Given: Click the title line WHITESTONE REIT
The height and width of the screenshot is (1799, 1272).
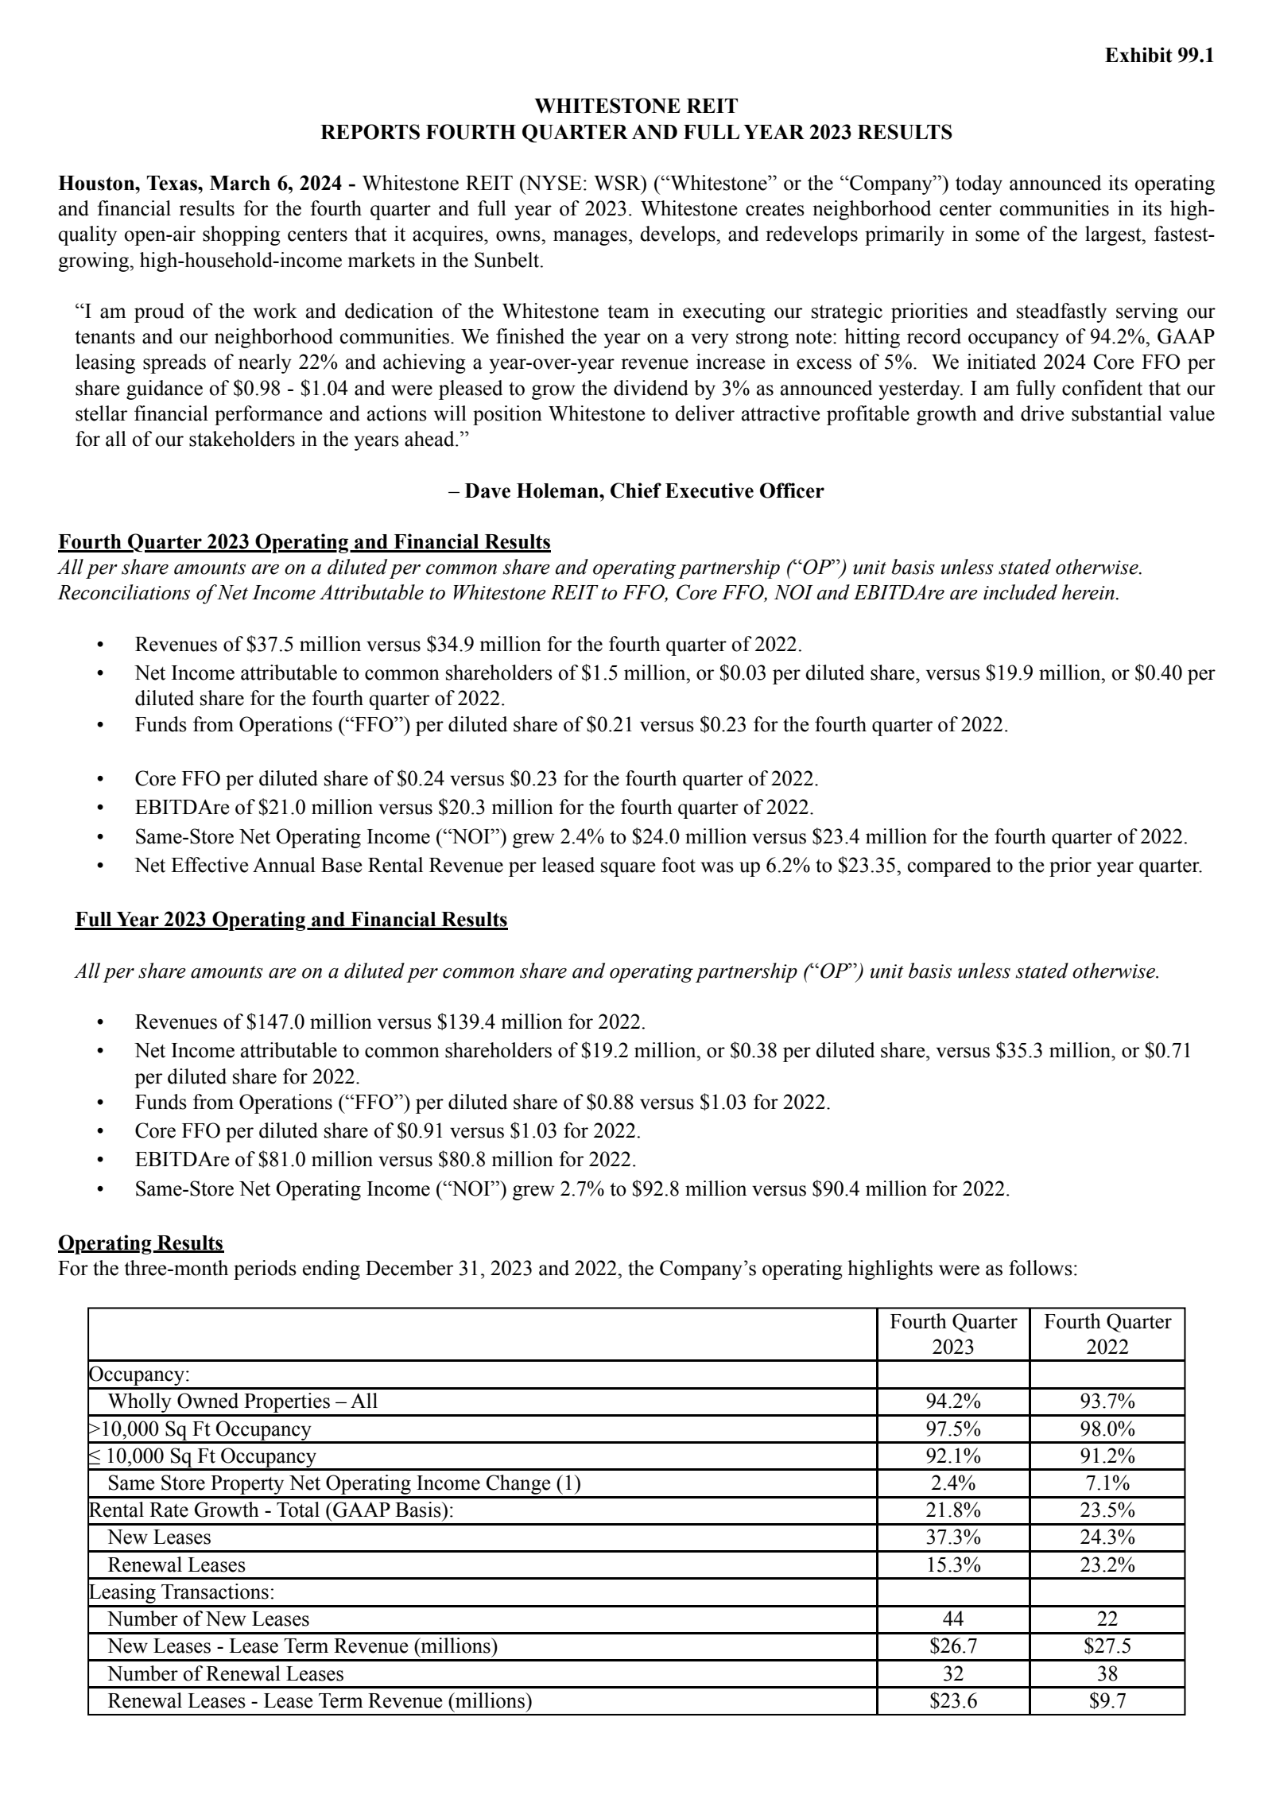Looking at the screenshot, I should pos(635,107).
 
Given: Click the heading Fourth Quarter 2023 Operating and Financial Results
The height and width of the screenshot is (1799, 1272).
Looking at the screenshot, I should pos(304,542).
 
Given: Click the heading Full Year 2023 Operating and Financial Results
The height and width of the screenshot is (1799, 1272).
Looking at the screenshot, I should pos(291,920).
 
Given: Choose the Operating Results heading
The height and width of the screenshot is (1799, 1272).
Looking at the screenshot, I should pos(141,1243).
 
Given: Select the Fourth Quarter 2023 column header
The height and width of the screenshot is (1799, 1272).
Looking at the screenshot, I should pos(952,1334).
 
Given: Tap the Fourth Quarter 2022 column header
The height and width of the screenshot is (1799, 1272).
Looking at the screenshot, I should pos(1107,1334).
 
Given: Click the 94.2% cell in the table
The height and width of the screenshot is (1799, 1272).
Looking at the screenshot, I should pos(952,1401).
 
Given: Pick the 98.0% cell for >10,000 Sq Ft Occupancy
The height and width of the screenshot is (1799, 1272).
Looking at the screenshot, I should pos(1107,1429).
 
